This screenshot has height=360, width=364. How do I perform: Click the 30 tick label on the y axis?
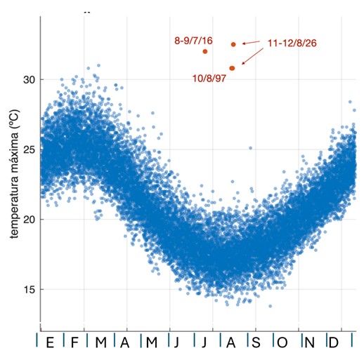click(x=29, y=80)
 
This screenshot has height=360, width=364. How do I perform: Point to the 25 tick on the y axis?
click(x=29, y=149)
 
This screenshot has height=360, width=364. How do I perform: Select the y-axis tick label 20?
click(x=29, y=220)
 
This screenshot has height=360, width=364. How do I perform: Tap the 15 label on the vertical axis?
click(x=29, y=290)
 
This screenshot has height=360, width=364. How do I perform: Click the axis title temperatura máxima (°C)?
click(x=14, y=173)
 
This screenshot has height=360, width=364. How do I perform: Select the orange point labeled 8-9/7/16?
click(x=205, y=51)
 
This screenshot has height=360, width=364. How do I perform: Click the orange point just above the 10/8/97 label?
click(x=232, y=68)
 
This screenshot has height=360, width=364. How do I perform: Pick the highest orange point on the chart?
click(x=233, y=44)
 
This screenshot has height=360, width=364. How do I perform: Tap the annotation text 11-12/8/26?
click(x=292, y=44)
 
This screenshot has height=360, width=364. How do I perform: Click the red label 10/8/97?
click(x=209, y=79)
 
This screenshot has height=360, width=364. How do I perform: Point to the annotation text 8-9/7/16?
click(x=193, y=41)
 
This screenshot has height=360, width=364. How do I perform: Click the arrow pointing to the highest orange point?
click(x=251, y=42)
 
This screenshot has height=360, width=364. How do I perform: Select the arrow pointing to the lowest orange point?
click(x=252, y=56)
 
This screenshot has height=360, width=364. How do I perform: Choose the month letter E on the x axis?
click(x=50, y=342)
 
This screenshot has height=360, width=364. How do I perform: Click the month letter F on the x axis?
click(x=74, y=342)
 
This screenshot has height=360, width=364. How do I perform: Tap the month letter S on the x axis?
click(x=256, y=342)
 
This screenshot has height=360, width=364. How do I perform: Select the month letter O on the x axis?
click(x=282, y=342)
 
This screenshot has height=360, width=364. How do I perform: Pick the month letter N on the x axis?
click(x=309, y=342)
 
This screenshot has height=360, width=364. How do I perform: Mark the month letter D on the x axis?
click(x=334, y=342)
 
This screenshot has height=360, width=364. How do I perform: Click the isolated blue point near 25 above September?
click(x=250, y=148)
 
